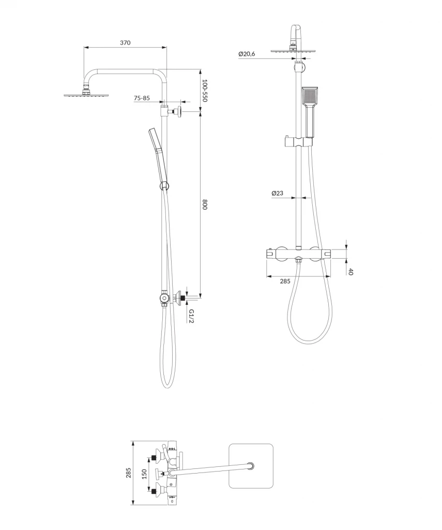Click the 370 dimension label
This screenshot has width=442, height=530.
click(x=125, y=42)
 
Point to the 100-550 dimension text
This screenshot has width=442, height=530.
click(x=204, y=91)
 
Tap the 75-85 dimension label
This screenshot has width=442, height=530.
click(x=142, y=98)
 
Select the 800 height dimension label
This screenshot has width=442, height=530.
click(x=205, y=205)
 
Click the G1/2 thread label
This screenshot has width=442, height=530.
click(x=191, y=316)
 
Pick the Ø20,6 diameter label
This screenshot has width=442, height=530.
click(x=247, y=54)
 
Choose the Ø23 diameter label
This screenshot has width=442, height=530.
click(x=277, y=193)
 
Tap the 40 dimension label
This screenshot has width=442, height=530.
click(x=351, y=271)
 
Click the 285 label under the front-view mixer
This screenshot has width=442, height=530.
click(x=285, y=281)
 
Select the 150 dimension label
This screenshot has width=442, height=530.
click(x=144, y=474)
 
